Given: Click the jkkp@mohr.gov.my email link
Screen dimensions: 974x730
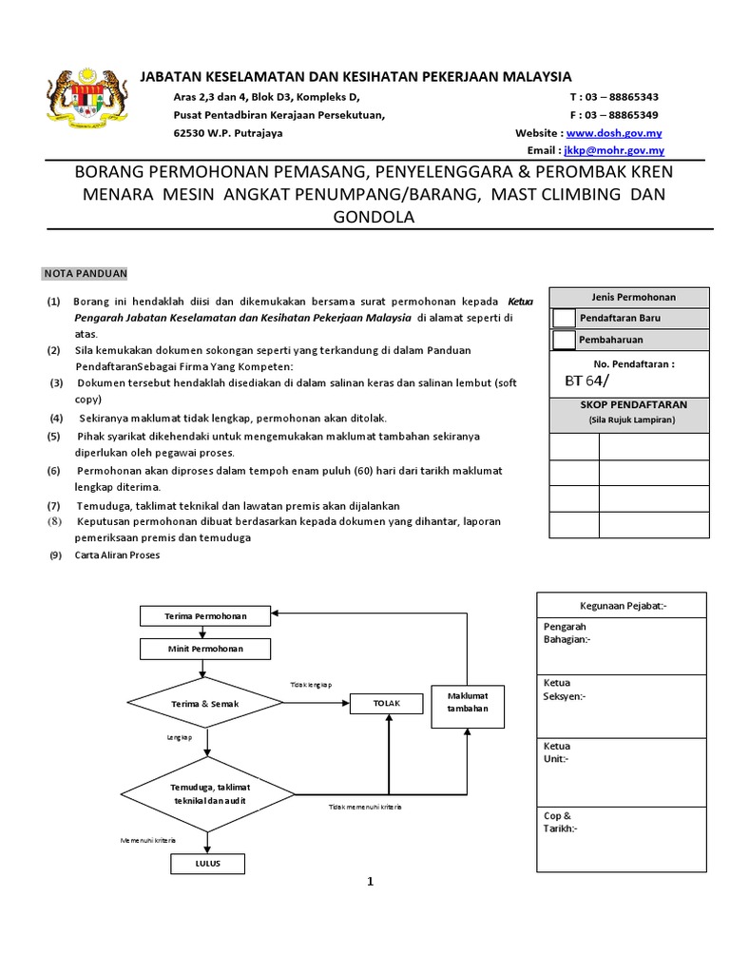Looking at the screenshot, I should click(614, 150).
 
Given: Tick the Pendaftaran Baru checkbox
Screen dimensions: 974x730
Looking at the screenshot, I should click(564, 318).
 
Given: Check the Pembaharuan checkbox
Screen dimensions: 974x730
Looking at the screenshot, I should click(564, 340).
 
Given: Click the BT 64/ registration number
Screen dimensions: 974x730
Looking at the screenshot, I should click(586, 381).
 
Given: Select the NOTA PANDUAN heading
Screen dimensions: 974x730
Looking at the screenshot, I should click(85, 273).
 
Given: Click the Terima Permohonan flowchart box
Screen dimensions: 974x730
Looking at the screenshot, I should click(204, 616).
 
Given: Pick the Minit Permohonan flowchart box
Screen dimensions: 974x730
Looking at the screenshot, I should click(204, 649).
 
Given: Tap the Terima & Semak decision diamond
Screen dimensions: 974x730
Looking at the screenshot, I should click(204, 704).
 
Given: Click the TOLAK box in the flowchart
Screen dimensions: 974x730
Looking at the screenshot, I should click(387, 703).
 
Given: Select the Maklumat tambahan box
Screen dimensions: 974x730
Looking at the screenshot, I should click(467, 703).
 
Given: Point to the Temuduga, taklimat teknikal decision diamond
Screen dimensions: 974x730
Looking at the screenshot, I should click(206, 793).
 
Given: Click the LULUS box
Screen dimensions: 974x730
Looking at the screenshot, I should click(207, 864).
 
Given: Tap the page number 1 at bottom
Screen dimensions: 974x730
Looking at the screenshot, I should click(371, 882).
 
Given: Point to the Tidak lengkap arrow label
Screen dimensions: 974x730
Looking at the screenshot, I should click(311, 685).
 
